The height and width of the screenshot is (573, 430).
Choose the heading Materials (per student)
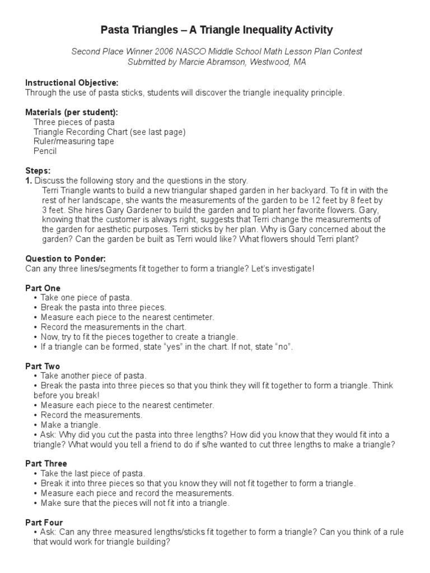point(72,112)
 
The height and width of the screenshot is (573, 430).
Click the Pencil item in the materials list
point(45,151)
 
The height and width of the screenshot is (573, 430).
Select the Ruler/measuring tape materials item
point(73,142)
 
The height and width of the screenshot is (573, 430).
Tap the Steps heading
point(38,171)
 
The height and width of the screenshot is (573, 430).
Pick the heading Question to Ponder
point(66,259)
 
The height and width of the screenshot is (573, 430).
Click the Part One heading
point(43,288)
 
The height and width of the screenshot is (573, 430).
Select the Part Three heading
point(46,463)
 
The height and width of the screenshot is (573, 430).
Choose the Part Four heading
point(44,522)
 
